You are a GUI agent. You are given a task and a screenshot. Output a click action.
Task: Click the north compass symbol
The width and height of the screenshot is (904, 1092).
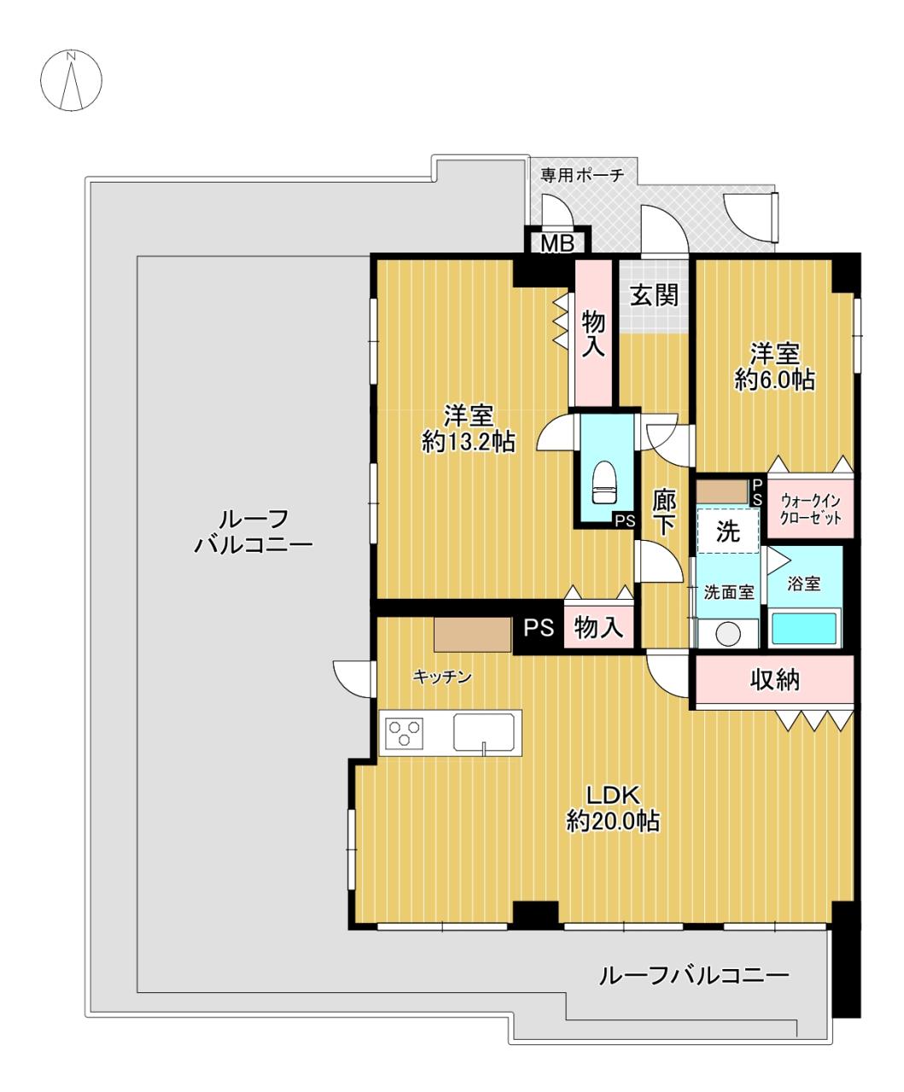pos(72,81)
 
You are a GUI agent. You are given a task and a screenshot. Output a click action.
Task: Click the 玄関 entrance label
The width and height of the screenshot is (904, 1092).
pos(654,295)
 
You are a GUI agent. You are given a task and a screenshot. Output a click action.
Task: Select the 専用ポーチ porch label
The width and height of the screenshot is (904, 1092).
pos(582,175)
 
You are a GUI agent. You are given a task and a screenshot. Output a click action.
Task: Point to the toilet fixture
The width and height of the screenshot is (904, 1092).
pos(604,484)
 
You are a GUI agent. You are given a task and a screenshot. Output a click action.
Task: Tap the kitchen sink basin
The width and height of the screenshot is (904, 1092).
pos(483,733)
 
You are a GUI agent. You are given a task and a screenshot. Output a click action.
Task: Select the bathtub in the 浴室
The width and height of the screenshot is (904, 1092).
pos(806,629)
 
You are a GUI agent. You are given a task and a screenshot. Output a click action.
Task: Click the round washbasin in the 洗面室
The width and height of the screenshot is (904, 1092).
pos(728,634)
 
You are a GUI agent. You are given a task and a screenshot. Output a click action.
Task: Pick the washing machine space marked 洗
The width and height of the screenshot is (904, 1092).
pos(727,531)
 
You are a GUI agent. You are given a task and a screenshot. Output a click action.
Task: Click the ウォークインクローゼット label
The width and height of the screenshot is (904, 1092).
pos(810,509)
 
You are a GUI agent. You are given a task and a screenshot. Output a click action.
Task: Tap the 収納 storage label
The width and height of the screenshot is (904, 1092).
pos(774,680)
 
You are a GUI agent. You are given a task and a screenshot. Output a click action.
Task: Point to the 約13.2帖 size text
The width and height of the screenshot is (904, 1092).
pos(468,441)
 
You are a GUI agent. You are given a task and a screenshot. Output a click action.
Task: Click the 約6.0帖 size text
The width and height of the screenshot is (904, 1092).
pos(774,380)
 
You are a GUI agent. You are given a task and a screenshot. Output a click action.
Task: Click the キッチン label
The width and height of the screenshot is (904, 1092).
pos(441,677)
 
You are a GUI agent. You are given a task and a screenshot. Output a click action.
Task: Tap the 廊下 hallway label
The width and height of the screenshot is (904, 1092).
pos(664,513)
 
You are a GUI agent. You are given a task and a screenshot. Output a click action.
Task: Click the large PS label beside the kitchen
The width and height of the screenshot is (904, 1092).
pos(539,628)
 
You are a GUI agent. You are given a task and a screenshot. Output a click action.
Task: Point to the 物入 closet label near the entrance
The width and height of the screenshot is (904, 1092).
pos(592,334)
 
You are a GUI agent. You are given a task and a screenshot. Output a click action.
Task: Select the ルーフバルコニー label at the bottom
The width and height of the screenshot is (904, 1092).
pos(693,974)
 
